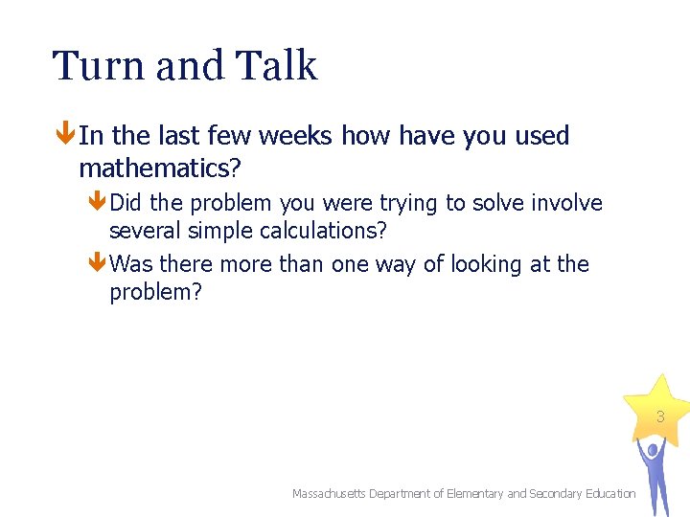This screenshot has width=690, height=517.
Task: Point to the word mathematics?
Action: (160, 169)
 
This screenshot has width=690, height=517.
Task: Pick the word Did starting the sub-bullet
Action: (128, 203)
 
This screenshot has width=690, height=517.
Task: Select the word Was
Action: (132, 263)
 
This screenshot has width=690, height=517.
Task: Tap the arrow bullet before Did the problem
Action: (98, 203)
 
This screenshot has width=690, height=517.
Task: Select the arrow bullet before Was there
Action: (98, 263)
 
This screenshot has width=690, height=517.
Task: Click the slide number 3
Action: (659, 417)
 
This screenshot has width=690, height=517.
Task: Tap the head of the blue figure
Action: (652, 448)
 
